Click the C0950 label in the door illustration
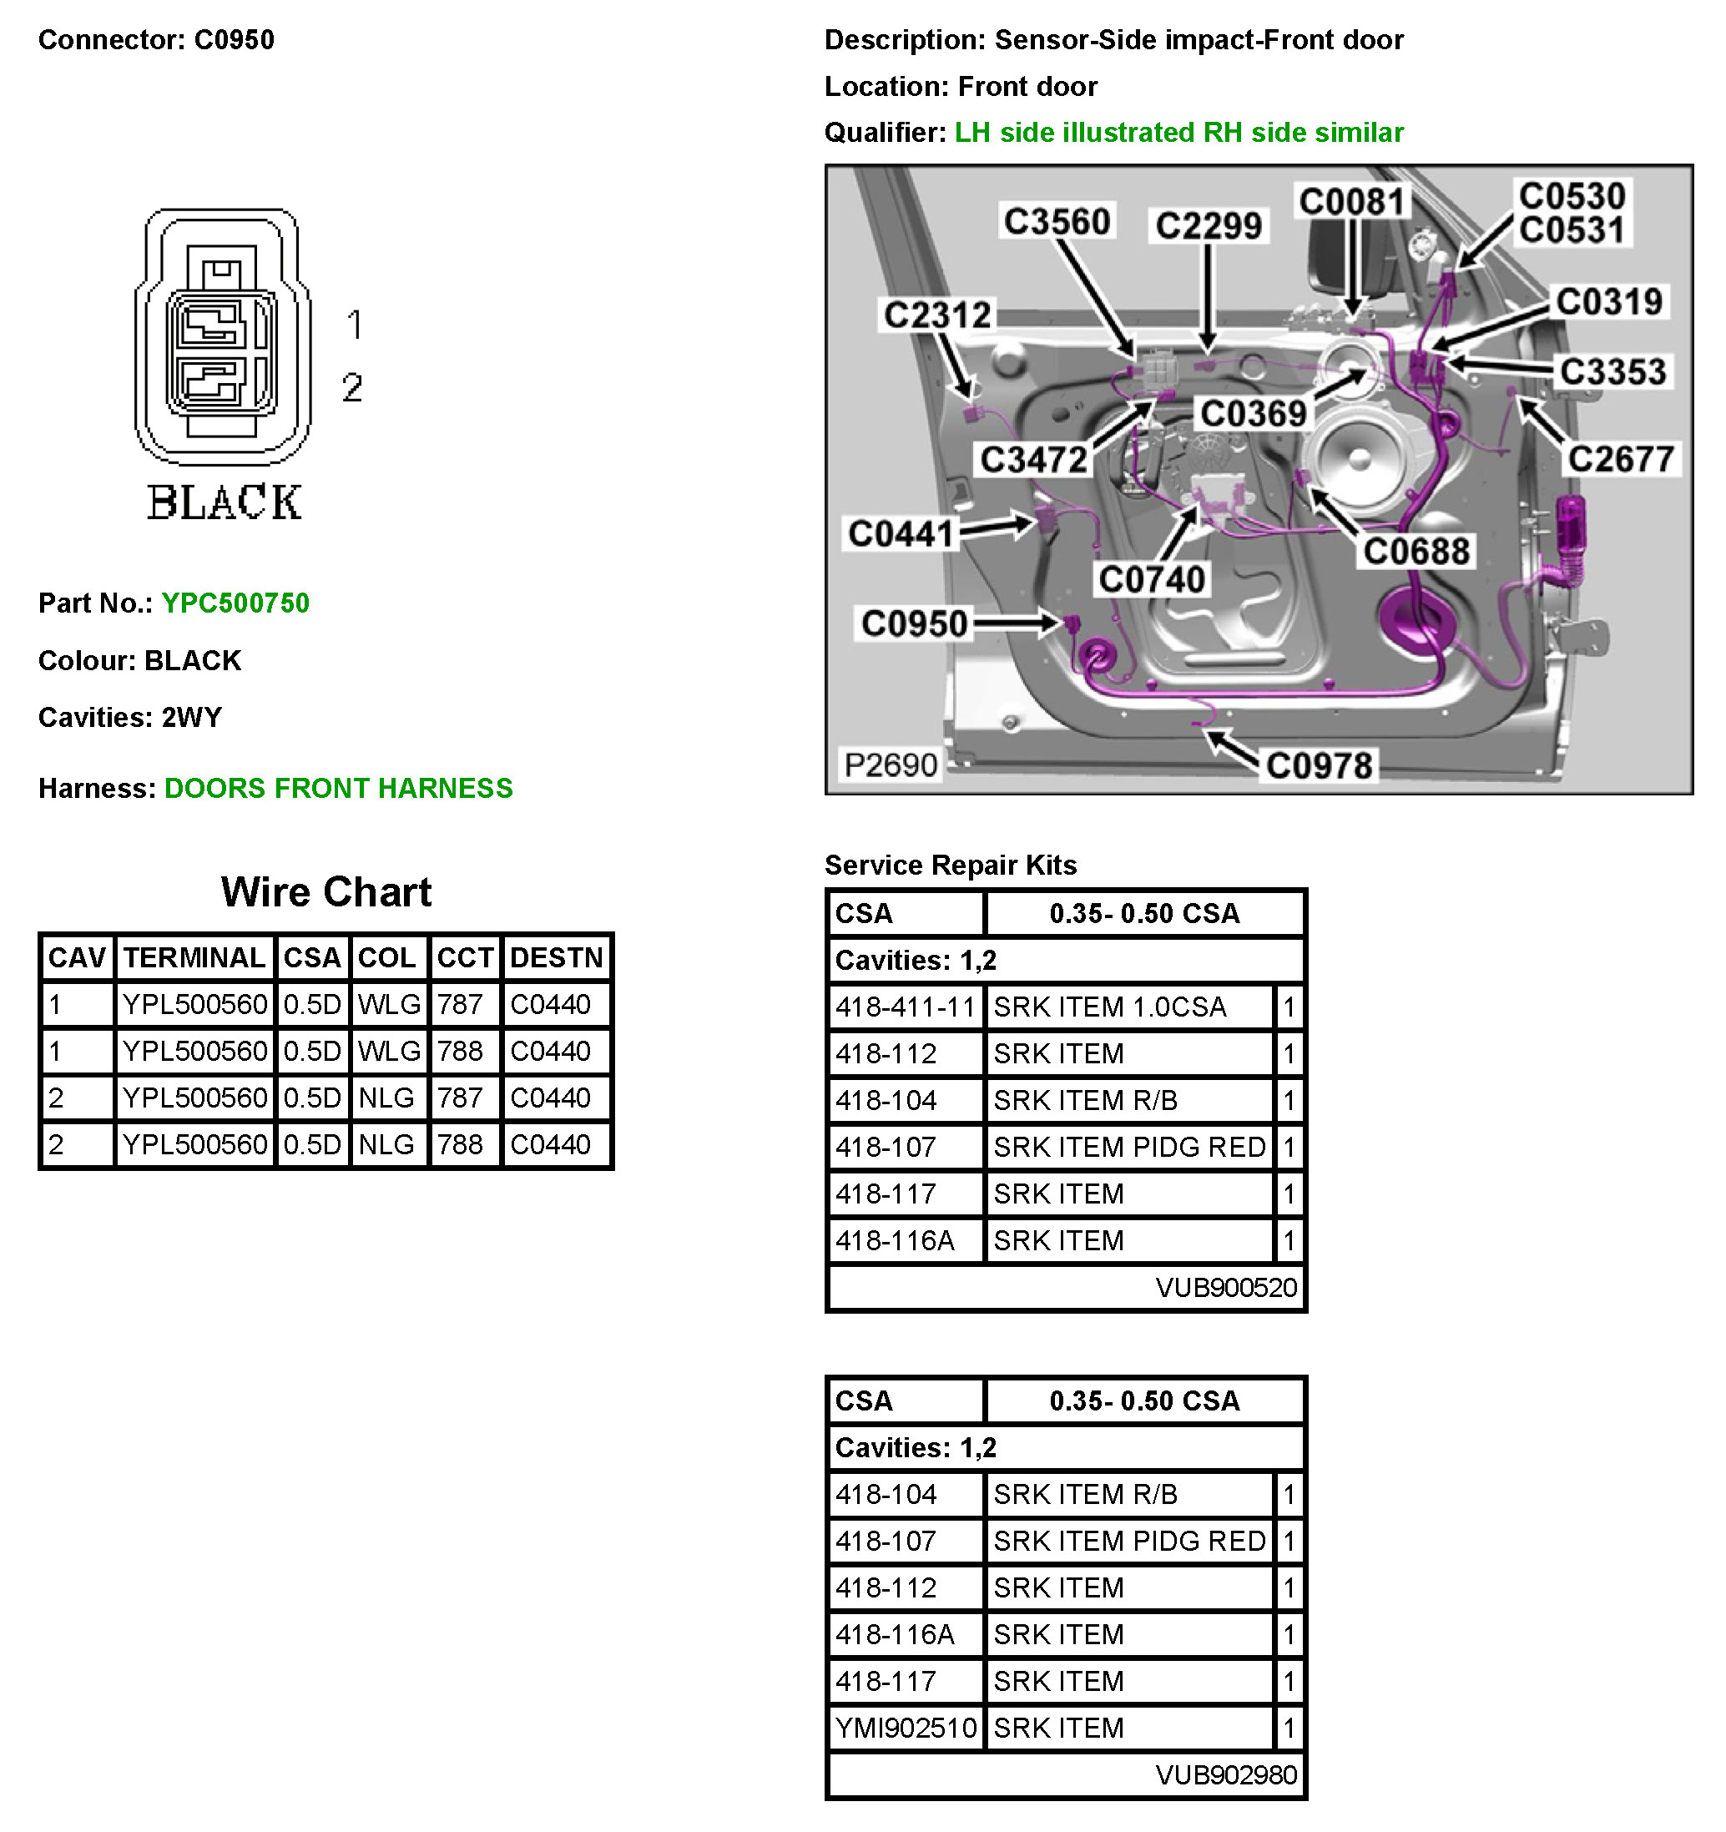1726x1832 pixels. pos(913,623)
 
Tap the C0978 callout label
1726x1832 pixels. pos(1319,765)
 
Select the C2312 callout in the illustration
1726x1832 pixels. pos(936,315)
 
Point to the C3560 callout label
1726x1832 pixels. pos(1056,222)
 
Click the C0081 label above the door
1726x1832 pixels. pos(1351,202)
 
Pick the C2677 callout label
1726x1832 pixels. pos(1620,459)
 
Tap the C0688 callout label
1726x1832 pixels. pos(1416,551)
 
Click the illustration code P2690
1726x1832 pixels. pos(891,765)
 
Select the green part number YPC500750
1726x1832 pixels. pos(235,603)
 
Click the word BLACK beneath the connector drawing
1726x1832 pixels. pos(224,503)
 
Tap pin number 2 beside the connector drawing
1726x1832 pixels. pos(352,387)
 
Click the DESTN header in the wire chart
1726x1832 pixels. pos(556,957)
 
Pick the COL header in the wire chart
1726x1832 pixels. pos(386,957)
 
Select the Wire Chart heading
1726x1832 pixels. pos(326,892)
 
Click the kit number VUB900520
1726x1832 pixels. pos(1225,1287)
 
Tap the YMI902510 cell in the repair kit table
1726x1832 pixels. pos(905,1728)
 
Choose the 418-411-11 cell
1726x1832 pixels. pos(905,1007)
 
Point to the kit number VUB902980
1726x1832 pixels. pos(1225,1775)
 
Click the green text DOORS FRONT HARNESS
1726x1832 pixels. pos(338,788)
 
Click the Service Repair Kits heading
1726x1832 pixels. pos(950,866)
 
